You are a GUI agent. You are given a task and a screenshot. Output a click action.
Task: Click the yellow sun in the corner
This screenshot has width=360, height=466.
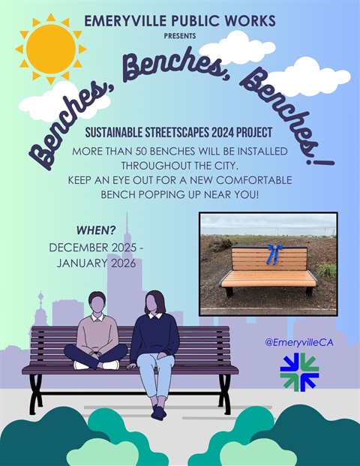[x=50, y=49]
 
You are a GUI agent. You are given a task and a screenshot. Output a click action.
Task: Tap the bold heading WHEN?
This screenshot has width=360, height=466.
[x=95, y=230]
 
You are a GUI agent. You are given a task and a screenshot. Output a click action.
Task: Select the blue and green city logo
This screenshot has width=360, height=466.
[x=299, y=371]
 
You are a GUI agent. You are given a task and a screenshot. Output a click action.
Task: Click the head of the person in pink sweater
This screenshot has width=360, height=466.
[x=97, y=303]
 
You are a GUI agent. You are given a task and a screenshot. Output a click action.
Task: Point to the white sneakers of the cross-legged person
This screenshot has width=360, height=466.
[x=96, y=365]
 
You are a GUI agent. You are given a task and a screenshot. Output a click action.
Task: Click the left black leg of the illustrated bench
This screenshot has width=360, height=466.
[x=35, y=393]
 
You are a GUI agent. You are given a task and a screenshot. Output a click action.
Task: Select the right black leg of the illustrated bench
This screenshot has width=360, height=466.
[x=224, y=393]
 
